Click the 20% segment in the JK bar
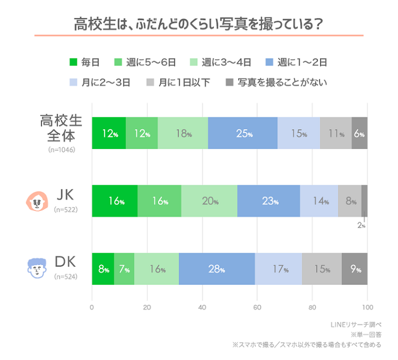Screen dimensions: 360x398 point(209,201)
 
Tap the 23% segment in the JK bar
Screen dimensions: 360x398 point(268,201)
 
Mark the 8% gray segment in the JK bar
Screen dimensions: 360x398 point(350,201)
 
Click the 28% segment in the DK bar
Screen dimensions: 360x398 point(217,269)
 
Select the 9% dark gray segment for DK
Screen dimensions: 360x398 point(355,269)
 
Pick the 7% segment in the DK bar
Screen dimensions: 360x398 point(124,269)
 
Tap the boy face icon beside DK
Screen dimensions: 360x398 point(38,268)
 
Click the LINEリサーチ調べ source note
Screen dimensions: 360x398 point(356,325)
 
